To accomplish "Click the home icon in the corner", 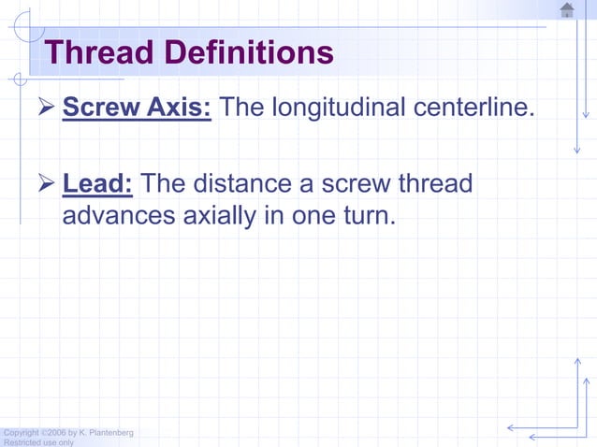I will pyautogui.click(x=567, y=10).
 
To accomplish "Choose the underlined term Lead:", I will pyautogui.click(x=97, y=183).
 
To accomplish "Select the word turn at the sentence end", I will pyautogui.click(x=368, y=215).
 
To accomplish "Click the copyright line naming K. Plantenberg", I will pyautogui.click(x=67, y=432).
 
